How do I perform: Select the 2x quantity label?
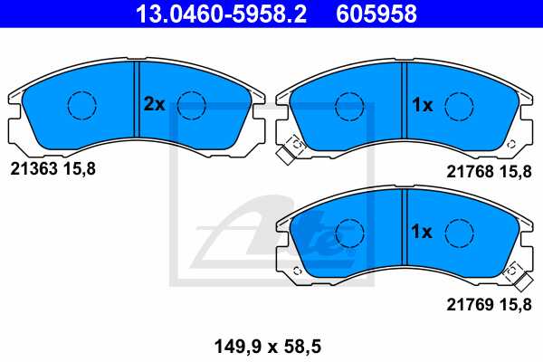coord(154,105)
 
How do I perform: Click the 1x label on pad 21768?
coord(422,105)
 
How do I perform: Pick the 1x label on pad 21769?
coord(422,233)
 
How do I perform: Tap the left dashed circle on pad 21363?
coord(82,106)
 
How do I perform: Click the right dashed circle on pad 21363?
coord(192,106)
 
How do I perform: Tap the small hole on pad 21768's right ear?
coord(512,144)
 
